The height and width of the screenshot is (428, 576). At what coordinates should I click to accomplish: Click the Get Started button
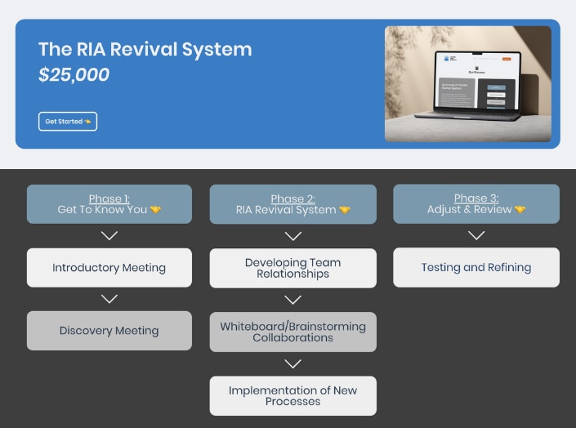[x=67, y=122]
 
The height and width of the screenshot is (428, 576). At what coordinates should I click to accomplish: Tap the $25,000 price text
[x=74, y=75]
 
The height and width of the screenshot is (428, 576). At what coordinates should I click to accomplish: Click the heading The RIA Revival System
[x=145, y=49]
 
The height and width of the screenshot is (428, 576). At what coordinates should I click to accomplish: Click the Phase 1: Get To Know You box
[x=109, y=204]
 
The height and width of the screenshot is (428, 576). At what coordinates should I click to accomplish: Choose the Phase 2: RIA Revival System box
[x=292, y=204]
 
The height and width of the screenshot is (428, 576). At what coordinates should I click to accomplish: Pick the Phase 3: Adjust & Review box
[x=476, y=204]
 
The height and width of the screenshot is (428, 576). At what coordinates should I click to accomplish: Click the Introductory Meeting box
[x=109, y=268]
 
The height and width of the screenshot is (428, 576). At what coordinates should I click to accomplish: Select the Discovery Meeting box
[x=109, y=331]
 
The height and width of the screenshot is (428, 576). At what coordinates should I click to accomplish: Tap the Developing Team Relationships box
[x=292, y=268]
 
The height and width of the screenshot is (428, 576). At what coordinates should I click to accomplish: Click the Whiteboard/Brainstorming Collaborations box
[x=292, y=332]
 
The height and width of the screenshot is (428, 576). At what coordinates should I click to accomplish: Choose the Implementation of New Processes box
[x=292, y=395]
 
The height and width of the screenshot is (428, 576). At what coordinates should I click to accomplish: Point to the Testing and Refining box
[x=476, y=267]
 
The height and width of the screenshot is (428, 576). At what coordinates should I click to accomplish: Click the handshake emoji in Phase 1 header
[x=155, y=210]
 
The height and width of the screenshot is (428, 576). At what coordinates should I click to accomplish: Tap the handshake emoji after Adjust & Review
[x=520, y=210]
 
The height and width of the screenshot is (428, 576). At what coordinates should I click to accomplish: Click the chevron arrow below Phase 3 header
[x=476, y=235]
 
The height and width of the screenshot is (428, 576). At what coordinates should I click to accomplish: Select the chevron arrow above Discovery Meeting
[x=109, y=299]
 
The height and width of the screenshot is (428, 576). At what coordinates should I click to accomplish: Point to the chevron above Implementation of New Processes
[x=292, y=363]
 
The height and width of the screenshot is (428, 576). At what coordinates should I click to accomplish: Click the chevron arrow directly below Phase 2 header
[x=292, y=236]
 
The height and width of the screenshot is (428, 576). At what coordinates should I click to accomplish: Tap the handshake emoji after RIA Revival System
[x=344, y=210]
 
